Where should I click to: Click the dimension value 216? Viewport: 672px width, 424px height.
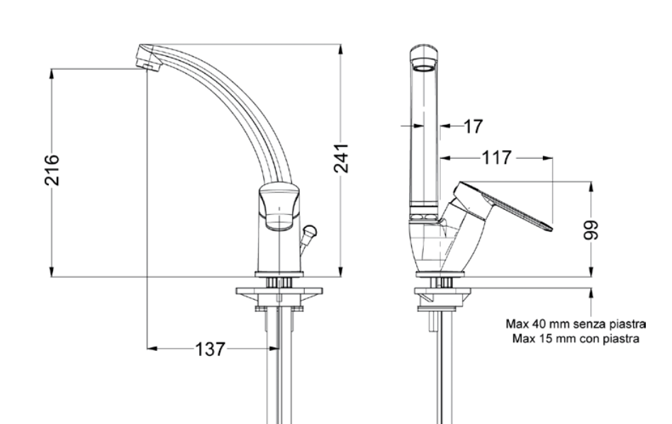52,170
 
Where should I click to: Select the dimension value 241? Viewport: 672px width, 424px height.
341,159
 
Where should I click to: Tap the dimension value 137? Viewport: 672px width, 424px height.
210,349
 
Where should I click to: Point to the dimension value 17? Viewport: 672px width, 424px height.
473,126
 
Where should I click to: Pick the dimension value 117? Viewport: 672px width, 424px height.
497,158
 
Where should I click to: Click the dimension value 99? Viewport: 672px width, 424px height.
591,230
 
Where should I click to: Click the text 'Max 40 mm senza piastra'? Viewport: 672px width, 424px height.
576,323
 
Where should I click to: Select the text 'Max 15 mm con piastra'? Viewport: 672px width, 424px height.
576,339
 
